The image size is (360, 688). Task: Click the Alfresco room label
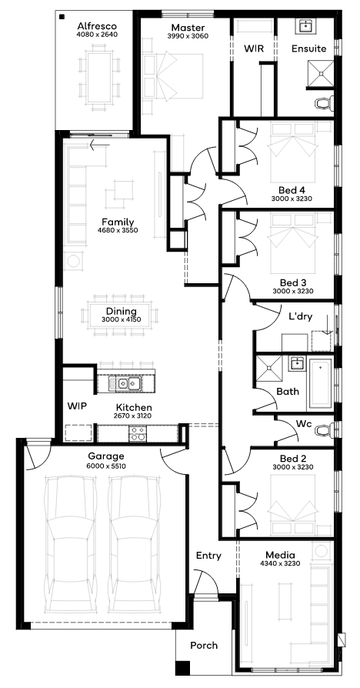[x=97, y=26]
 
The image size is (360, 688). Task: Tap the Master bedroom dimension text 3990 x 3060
[x=187, y=36]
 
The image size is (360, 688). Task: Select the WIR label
[x=254, y=48]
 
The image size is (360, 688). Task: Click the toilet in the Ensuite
[x=324, y=103]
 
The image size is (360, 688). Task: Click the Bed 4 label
[x=292, y=190]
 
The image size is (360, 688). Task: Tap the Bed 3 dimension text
[x=292, y=290]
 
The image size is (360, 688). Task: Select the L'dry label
[x=300, y=316]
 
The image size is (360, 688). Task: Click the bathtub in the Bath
[x=321, y=383]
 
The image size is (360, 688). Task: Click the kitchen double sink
[x=128, y=384]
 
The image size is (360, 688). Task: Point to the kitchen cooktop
[x=138, y=433]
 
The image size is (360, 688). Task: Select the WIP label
[x=77, y=406]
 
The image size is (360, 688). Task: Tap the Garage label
[x=105, y=456]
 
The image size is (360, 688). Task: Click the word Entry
[x=208, y=556]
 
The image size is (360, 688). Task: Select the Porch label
[x=203, y=646]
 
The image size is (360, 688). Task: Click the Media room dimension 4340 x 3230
[x=280, y=563]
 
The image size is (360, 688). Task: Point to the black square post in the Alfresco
[x=62, y=17]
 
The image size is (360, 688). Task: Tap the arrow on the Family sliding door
[x=99, y=145]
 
